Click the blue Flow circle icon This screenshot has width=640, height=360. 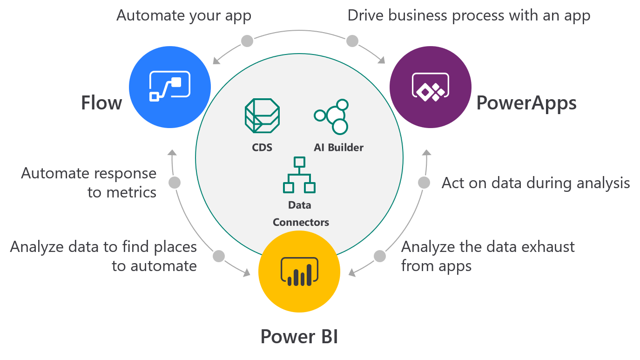[170, 87]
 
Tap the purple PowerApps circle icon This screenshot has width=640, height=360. [430, 87]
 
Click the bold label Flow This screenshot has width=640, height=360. [101, 102]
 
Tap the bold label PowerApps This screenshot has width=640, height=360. [526, 102]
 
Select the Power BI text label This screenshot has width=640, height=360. [299, 336]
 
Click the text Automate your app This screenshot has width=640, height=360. [184, 15]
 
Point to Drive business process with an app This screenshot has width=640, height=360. [469, 15]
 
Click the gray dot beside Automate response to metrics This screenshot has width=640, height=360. [175, 183]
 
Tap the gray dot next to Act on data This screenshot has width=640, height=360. [424, 183]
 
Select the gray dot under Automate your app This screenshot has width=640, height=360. [247, 41]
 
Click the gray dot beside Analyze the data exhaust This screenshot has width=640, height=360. [380, 256]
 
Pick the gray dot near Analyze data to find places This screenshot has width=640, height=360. [218, 256]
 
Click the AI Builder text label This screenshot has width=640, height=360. [338, 148]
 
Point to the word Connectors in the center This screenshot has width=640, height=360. [301, 222]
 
